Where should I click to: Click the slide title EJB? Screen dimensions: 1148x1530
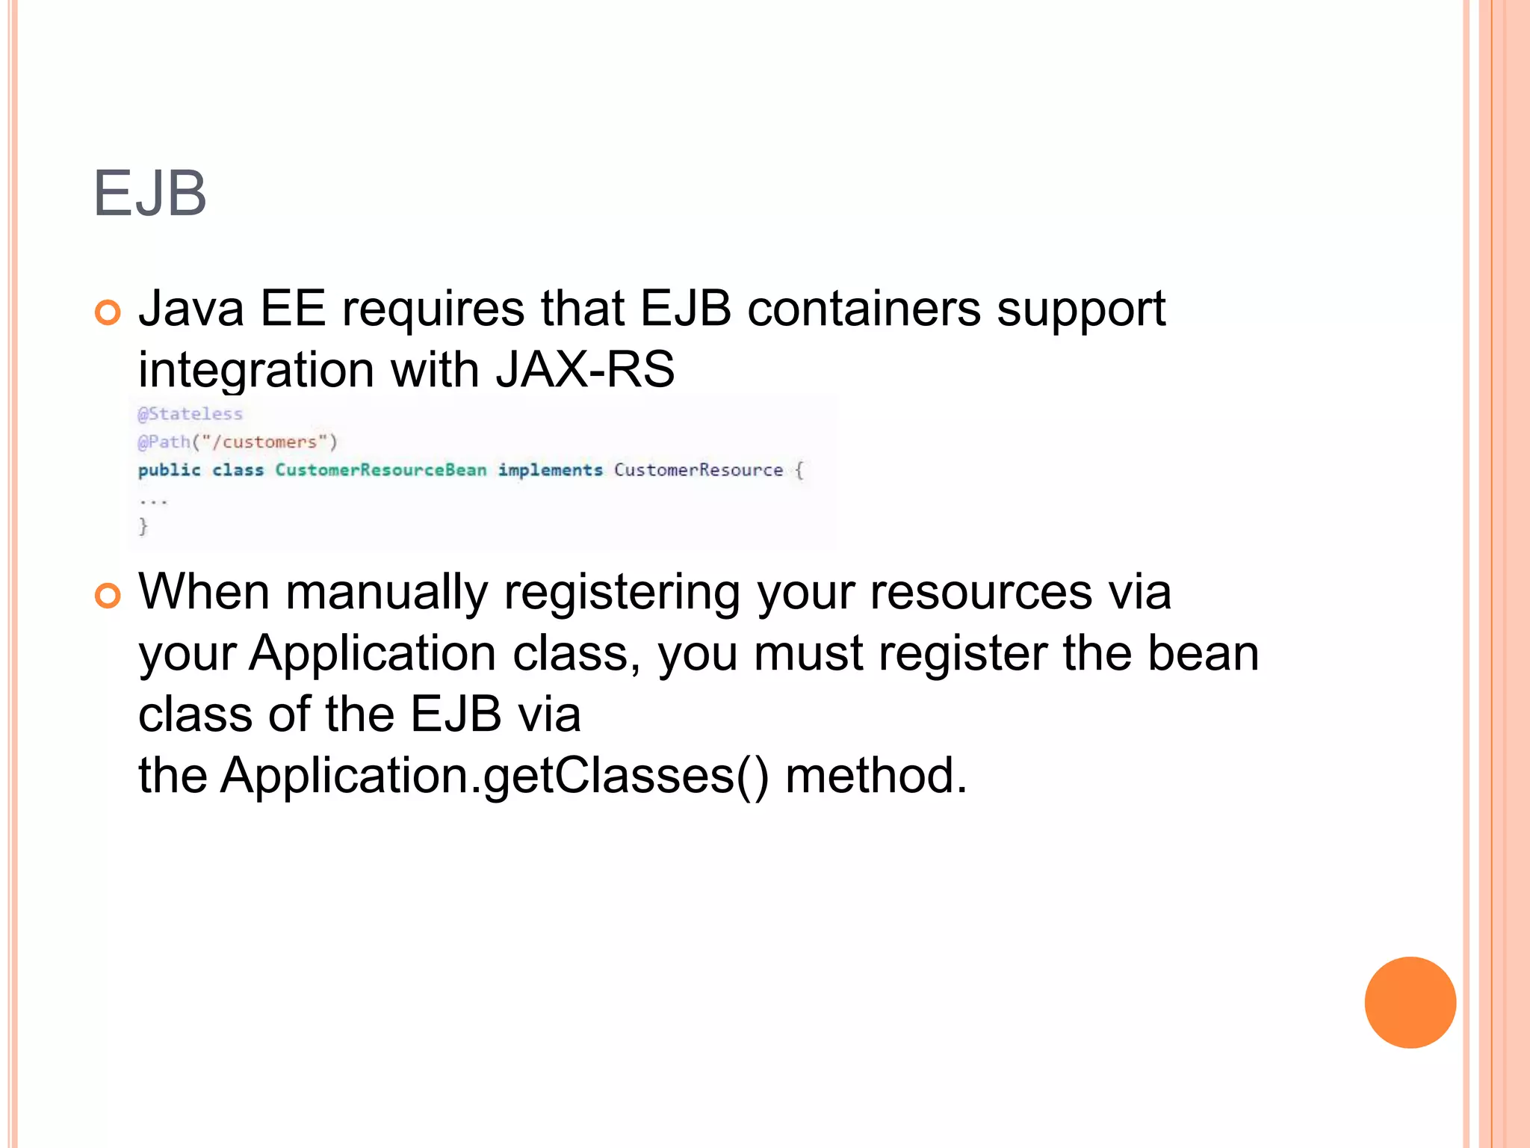[x=149, y=194]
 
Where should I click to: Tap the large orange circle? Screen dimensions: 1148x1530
[x=1410, y=1002]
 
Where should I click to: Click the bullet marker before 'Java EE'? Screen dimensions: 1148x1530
[x=108, y=312]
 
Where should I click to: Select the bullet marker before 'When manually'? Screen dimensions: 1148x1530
[x=108, y=596]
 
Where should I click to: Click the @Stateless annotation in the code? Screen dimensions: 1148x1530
[x=191, y=414]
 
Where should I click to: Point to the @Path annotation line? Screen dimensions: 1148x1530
[x=238, y=442]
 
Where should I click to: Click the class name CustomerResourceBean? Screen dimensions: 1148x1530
[x=380, y=470]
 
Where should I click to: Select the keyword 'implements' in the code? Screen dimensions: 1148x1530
[x=550, y=470]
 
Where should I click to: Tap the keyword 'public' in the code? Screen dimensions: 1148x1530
[x=170, y=470]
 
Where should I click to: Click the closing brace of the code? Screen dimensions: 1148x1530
[x=143, y=527]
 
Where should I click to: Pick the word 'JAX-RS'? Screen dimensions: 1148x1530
[x=585, y=369]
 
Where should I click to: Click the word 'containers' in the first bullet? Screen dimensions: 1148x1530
[x=864, y=308]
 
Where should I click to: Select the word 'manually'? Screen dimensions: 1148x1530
[x=386, y=593]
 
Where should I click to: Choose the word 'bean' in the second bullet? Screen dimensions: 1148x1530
[x=1203, y=653]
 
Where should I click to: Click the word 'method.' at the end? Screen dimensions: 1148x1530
[x=876, y=776]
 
